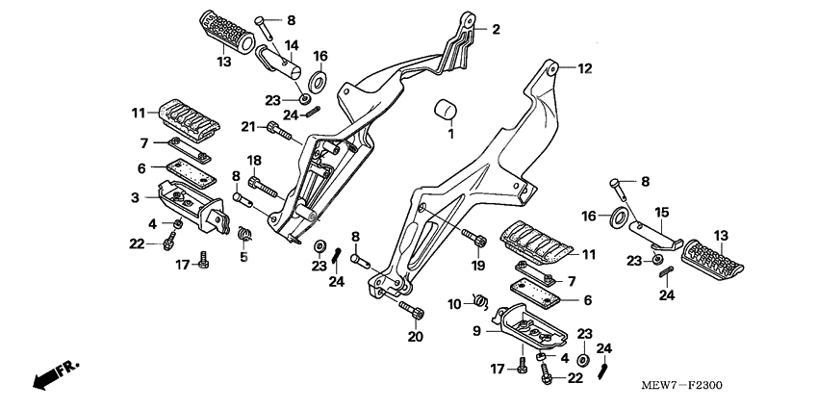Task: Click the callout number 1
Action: click(x=448, y=134)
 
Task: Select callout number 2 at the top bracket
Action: click(x=497, y=30)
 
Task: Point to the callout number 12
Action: click(x=585, y=68)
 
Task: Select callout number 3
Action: click(x=136, y=198)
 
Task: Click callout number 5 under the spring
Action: click(x=243, y=257)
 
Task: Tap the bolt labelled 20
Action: click(x=411, y=310)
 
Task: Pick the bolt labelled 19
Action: click(x=473, y=236)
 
